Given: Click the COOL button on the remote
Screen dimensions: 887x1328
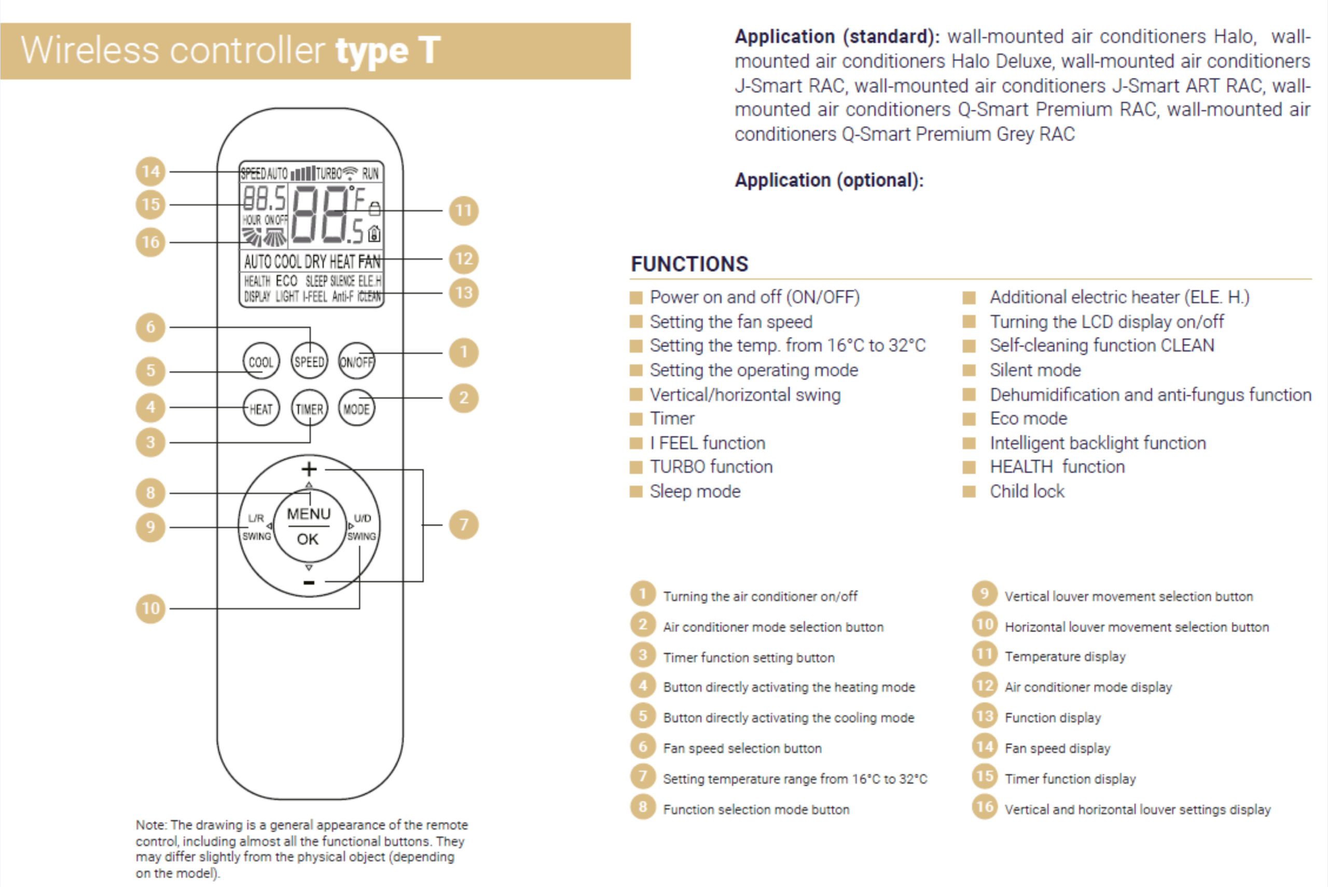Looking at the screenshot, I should click(x=260, y=361).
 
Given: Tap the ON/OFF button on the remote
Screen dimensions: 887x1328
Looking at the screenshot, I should click(x=356, y=361).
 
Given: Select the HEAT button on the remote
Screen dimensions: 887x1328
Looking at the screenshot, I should click(x=260, y=408).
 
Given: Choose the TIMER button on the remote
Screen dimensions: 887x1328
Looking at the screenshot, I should click(x=309, y=408).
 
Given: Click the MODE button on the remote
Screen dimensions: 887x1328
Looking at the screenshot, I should click(x=356, y=408).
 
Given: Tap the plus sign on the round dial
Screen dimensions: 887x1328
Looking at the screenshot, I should click(x=309, y=469).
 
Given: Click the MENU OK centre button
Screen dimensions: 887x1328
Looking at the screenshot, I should click(x=309, y=526).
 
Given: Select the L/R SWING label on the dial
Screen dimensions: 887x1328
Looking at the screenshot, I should click(x=256, y=527).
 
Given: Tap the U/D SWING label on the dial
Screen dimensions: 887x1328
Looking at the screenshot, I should click(x=362, y=527).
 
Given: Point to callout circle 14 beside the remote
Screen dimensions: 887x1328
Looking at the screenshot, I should click(x=150, y=171).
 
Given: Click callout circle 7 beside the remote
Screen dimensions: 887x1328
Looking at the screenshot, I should click(x=464, y=525).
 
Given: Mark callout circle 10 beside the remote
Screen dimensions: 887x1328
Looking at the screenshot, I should click(x=150, y=609).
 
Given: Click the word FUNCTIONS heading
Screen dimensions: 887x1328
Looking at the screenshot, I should click(x=689, y=264).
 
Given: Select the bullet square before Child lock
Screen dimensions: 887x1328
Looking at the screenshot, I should click(x=969, y=492).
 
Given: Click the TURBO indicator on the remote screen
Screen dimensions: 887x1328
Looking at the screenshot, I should click(x=328, y=173).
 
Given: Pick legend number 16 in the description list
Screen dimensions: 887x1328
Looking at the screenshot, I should click(x=984, y=807).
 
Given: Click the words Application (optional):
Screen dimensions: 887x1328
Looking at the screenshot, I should click(x=829, y=180).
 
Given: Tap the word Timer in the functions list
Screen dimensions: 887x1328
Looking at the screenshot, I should click(x=672, y=419).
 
